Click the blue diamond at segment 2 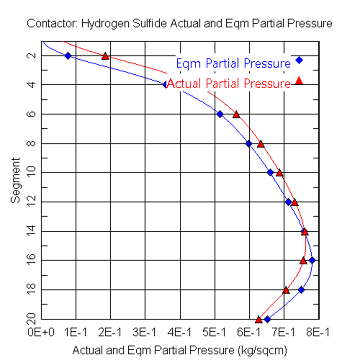[68, 55]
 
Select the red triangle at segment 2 [105, 56]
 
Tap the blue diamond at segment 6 [220, 114]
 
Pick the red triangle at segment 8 [261, 144]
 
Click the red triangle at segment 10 [279, 172]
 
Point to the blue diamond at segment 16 [312, 260]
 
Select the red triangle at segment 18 [287, 290]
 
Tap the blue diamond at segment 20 [267, 319]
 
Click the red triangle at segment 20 [259, 319]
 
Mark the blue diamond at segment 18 [302, 289]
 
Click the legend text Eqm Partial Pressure [233, 63]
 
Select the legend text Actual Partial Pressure [229, 83]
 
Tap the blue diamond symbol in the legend [299, 60]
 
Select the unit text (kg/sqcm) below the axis [262, 351]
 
